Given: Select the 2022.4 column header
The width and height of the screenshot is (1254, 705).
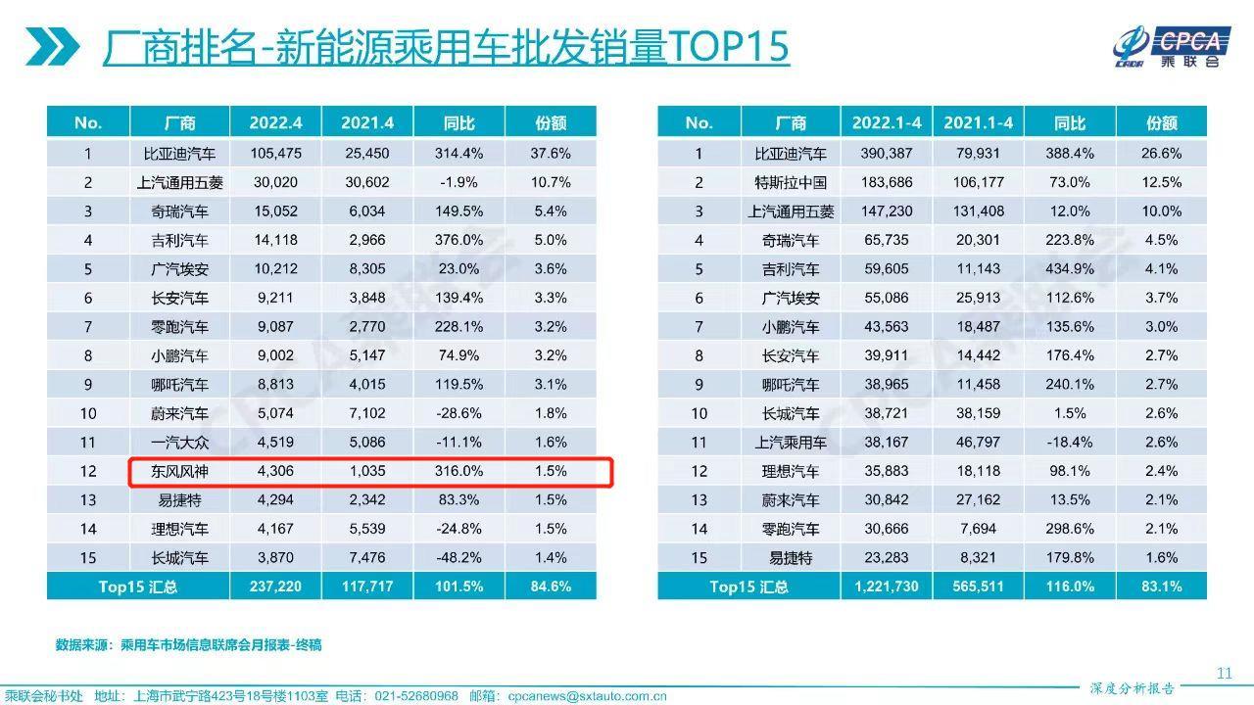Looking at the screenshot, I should coord(276,123).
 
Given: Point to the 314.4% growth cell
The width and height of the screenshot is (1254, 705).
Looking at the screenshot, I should coord(459,154).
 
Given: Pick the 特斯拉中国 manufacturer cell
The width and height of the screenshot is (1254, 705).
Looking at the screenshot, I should coord(790,182).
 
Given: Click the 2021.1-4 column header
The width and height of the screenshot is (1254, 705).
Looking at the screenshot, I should coord(978,123).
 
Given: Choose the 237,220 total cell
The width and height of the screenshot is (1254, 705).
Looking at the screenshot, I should coord(276,587).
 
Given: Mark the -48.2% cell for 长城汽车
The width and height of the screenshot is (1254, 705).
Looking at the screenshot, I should coord(459,558).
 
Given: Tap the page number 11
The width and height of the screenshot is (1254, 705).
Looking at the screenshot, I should coord(1224,673).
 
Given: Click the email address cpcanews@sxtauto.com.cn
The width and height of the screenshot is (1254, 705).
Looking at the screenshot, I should coord(587,697).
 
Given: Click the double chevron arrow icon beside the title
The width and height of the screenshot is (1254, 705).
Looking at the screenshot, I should coord(52,46).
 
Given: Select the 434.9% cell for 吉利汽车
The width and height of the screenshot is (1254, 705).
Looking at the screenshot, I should coord(1070,269).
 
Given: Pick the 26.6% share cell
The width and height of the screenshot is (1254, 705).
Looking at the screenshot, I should coord(1162,154).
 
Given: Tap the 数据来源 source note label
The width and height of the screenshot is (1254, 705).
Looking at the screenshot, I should coord(82,645).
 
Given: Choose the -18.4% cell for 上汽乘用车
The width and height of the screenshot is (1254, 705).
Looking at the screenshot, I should coord(1070,443).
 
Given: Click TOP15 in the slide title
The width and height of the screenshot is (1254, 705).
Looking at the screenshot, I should coord(728,46).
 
